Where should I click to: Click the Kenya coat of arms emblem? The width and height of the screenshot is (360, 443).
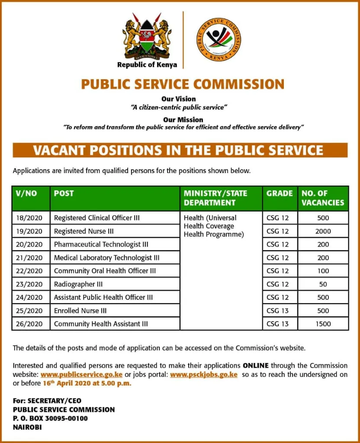(147, 36)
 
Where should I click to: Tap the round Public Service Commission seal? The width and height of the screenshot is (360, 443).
(219, 39)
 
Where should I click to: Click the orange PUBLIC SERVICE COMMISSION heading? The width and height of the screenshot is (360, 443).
(183, 83)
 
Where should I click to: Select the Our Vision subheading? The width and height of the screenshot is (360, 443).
(178, 99)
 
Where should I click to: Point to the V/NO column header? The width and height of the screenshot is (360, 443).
(26, 193)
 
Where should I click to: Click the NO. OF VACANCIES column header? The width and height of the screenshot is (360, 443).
(323, 198)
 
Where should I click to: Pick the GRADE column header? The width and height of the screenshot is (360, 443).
(280, 193)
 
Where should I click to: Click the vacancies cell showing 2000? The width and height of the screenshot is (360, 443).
(323, 231)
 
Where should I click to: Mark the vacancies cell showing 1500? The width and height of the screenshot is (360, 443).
(323, 324)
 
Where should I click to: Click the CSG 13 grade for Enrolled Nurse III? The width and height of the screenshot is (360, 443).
(277, 311)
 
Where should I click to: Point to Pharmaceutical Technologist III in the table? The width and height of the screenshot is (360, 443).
(101, 244)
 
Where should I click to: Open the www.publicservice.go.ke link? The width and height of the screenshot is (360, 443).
(81, 374)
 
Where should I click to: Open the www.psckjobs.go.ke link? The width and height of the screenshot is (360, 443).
(204, 374)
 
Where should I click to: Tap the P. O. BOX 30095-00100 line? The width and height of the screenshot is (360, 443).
(50, 418)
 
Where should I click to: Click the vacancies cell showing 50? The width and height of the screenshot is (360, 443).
(323, 284)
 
